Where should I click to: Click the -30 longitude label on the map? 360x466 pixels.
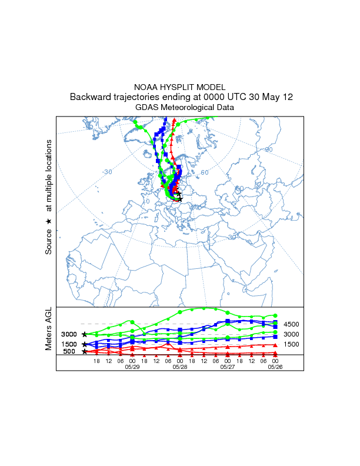point(106,172)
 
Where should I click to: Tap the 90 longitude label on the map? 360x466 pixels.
point(269,149)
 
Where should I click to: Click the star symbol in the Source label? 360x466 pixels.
point(49,221)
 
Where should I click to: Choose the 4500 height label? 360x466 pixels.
point(292,324)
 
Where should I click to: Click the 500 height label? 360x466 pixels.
point(69,352)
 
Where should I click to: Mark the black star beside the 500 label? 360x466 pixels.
point(85,352)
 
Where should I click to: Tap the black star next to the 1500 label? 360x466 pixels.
point(85,344)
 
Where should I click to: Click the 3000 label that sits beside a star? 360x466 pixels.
point(69,334)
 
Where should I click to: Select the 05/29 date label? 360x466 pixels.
point(132,366)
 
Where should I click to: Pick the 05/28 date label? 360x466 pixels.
point(180,366)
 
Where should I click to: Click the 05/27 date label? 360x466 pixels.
point(228,366)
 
